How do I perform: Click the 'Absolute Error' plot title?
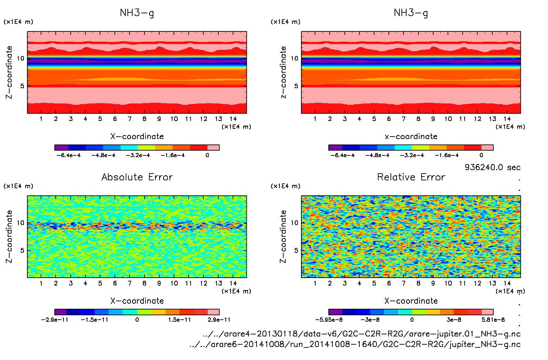(x=137, y=177)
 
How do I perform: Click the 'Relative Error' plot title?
(x=411, y=177)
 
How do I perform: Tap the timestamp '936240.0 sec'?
(x=492, y=167)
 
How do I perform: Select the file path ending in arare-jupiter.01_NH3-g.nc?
(x=361, y=334)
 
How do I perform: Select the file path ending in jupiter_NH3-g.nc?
(x=355, y=344)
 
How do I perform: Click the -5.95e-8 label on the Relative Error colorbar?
(x=329, y=320)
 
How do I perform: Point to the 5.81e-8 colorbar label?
(x=493, y=320)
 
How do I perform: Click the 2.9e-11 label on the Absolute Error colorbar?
(x=219, y=320)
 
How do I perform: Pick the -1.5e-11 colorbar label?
(x=95, y=320)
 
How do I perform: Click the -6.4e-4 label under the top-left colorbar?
(x=69, y=155)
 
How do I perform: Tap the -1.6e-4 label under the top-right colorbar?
(x=447, y=155)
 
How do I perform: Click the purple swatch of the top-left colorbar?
(x=61, y=148)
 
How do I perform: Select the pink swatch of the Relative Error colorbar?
(x=488, y=312)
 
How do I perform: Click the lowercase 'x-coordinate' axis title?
(x=411, y=137)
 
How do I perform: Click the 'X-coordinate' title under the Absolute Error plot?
(x=137, y=301)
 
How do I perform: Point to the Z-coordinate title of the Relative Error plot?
(x=283, y=236)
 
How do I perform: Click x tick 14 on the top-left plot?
(x=233, y=119)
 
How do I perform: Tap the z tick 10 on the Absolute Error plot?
(x=21, y=223)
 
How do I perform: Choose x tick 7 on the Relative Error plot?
(x=403, y=283)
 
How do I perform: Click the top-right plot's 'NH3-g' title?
(x=411, y=13)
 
